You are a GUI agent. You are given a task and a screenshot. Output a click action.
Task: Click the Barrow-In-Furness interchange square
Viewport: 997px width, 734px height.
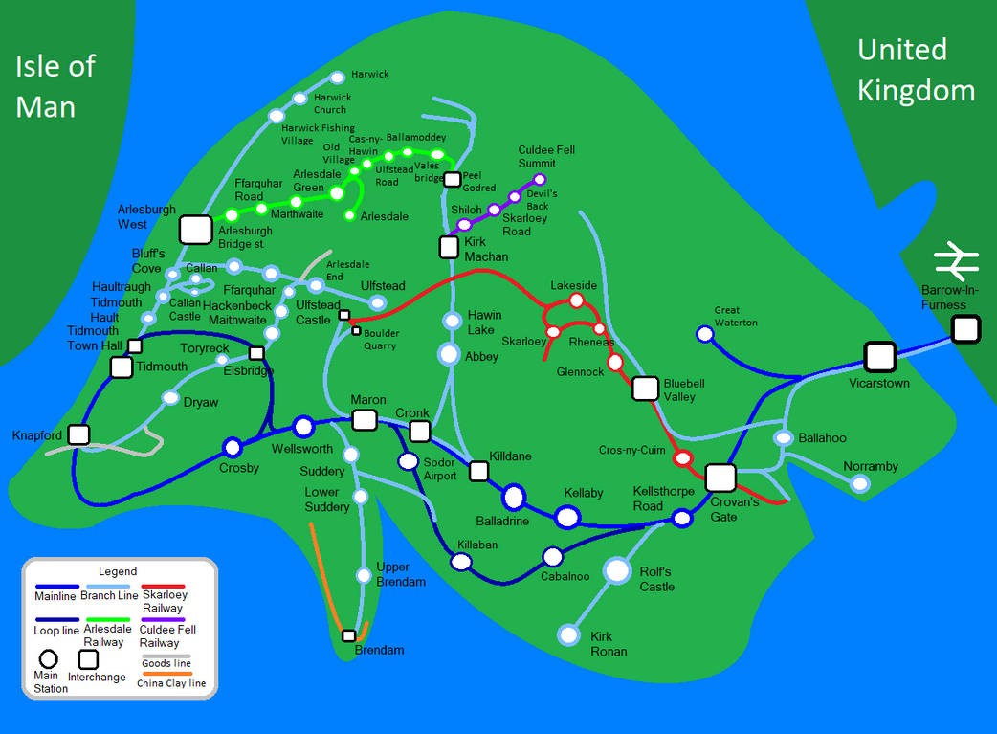[x=965, y=330]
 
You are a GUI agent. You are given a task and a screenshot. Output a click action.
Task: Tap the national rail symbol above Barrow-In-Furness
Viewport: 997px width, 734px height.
[x=957, y=260]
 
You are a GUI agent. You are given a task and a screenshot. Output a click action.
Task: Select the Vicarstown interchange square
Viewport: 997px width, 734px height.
[x=879, y=357]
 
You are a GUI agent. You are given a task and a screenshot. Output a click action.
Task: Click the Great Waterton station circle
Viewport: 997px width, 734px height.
[x=704, y=334]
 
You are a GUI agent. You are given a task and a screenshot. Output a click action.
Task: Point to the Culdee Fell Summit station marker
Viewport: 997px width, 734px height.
[x=540, y=179]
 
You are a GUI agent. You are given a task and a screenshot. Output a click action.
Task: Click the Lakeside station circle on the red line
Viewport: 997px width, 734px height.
[x=576, y=300]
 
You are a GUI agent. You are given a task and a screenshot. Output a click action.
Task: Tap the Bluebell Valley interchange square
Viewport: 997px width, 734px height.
[x=646, y=389]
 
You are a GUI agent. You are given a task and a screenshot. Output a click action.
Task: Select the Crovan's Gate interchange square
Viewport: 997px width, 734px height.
[x=720, y=478]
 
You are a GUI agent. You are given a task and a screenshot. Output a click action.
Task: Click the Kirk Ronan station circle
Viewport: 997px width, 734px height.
[x=569, y=634]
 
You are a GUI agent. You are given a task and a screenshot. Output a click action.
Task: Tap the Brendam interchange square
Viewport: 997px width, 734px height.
[x=349, y=635]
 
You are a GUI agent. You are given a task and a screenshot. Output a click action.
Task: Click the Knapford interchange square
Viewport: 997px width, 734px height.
[x=78, y=435]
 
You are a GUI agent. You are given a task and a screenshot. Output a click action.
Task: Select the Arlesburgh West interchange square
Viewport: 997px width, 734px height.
[x=195, y=230]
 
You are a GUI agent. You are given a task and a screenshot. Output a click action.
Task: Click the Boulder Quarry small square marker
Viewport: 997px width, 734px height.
[x=356, y=332]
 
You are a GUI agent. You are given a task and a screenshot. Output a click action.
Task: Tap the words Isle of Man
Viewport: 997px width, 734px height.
[x=55, y=86]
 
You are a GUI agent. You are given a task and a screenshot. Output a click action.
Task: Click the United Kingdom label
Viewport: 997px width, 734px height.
[x=915, y=70]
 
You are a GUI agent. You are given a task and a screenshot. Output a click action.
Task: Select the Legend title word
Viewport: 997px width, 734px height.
[x=118, y=571]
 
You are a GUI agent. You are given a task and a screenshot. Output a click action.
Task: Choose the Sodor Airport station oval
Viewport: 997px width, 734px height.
[x=409, y=462]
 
